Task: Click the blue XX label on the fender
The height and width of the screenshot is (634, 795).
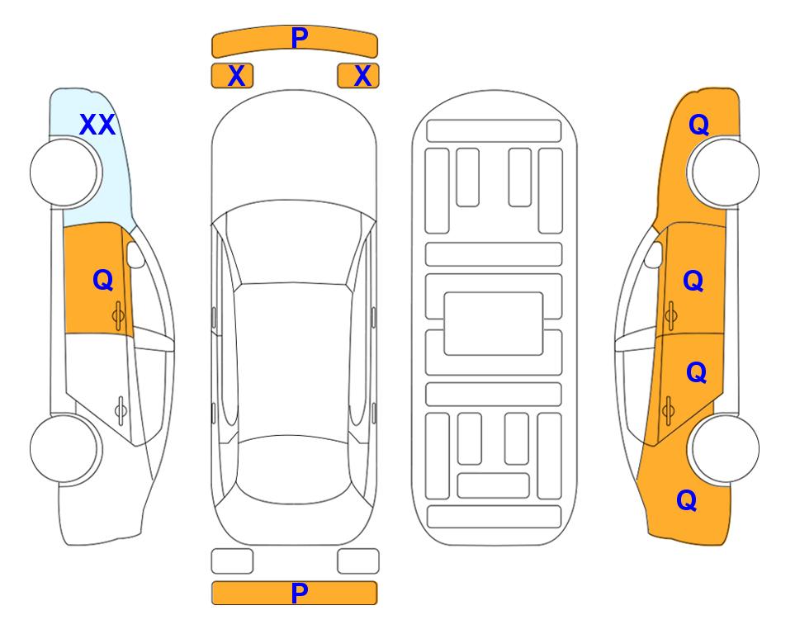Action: [97, 125]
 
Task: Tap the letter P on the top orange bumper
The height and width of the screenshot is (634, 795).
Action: [299, 37]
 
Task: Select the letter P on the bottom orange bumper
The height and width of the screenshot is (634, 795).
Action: [299, 593]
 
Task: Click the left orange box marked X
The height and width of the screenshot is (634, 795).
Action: [232, 76]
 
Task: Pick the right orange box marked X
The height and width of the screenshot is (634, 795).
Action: [358, 76]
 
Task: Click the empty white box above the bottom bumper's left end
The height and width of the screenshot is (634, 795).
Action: [232, 561]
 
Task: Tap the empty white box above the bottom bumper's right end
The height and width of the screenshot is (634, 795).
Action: [358, 561]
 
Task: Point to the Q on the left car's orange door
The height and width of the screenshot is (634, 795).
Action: [103, 280]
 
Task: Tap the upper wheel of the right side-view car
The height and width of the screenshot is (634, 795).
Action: [725, 172]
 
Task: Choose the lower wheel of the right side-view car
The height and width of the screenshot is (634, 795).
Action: [725, 448]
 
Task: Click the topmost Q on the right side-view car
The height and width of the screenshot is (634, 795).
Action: [698, 125]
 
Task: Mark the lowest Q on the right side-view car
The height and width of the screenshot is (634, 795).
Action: [687, 500]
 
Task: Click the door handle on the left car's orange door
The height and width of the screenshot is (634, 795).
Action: [118, 316]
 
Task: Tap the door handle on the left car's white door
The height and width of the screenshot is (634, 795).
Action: [121, 409]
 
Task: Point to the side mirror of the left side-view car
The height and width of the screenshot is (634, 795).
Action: [135, 254]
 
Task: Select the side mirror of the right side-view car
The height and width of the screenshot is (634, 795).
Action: [654, 254]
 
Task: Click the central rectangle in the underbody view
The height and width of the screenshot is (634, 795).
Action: [494, 324]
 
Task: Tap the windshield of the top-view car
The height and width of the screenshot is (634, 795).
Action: [293, 243]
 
